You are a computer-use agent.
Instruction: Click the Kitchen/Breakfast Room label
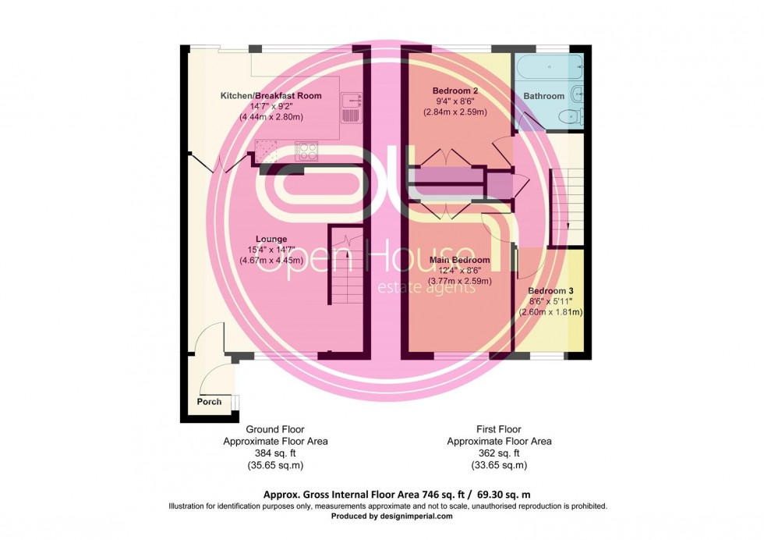[271, 95]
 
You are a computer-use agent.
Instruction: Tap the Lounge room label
[271, 239]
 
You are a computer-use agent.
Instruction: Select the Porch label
[209, 402]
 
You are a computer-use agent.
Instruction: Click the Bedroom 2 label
[455, 91]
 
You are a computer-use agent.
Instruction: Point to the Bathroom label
[543, 96]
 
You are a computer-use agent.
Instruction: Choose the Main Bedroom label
[459, 260]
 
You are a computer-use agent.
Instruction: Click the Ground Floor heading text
[275, 429]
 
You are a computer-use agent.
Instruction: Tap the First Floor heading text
[499, 429]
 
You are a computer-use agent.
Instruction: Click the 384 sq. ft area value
[275, 453]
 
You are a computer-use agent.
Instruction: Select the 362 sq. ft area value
[499, 453]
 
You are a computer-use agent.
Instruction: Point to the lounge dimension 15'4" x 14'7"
[271, 250]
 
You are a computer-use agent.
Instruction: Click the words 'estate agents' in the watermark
[426, 289]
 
